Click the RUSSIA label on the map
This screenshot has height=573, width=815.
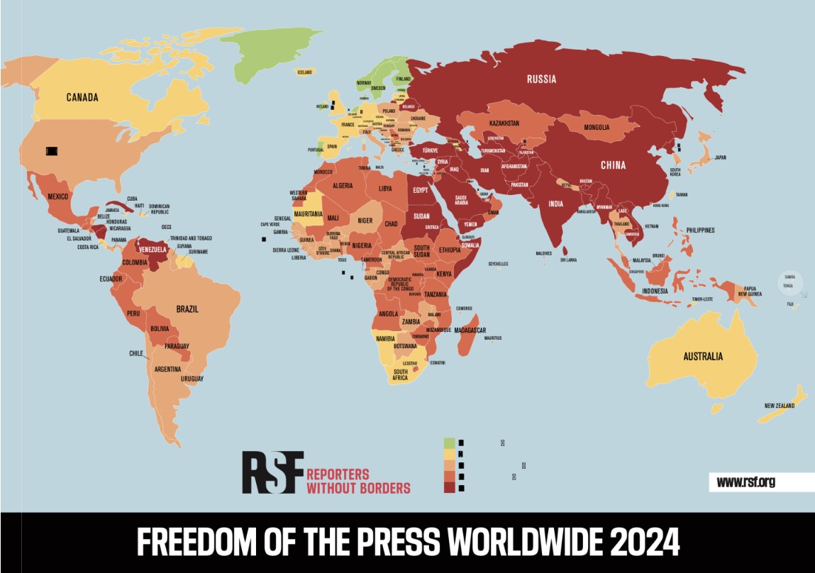click(541, 79)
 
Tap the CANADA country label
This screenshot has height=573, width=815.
click(82, 97)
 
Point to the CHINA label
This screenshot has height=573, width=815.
click(614, 165)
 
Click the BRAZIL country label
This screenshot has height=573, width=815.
click(187, 309)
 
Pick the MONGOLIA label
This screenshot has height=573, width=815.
click(597, 128)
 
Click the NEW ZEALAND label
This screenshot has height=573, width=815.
click(780, 406)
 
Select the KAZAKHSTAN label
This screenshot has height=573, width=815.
click(504, 123)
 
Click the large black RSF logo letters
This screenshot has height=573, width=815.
click(272, 472)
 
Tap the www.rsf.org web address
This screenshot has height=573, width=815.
click(745, 482)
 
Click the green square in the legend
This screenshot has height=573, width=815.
click(450, 443)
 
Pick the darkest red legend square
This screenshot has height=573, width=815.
click(450, 487)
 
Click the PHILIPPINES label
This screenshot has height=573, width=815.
click(700, 230)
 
